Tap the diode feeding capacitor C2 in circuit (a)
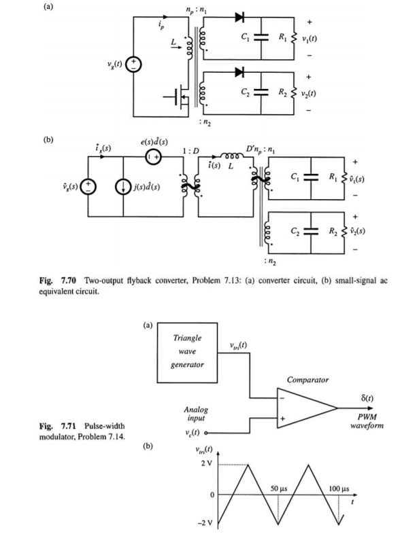pyautogui.click(x=239, y=71)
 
